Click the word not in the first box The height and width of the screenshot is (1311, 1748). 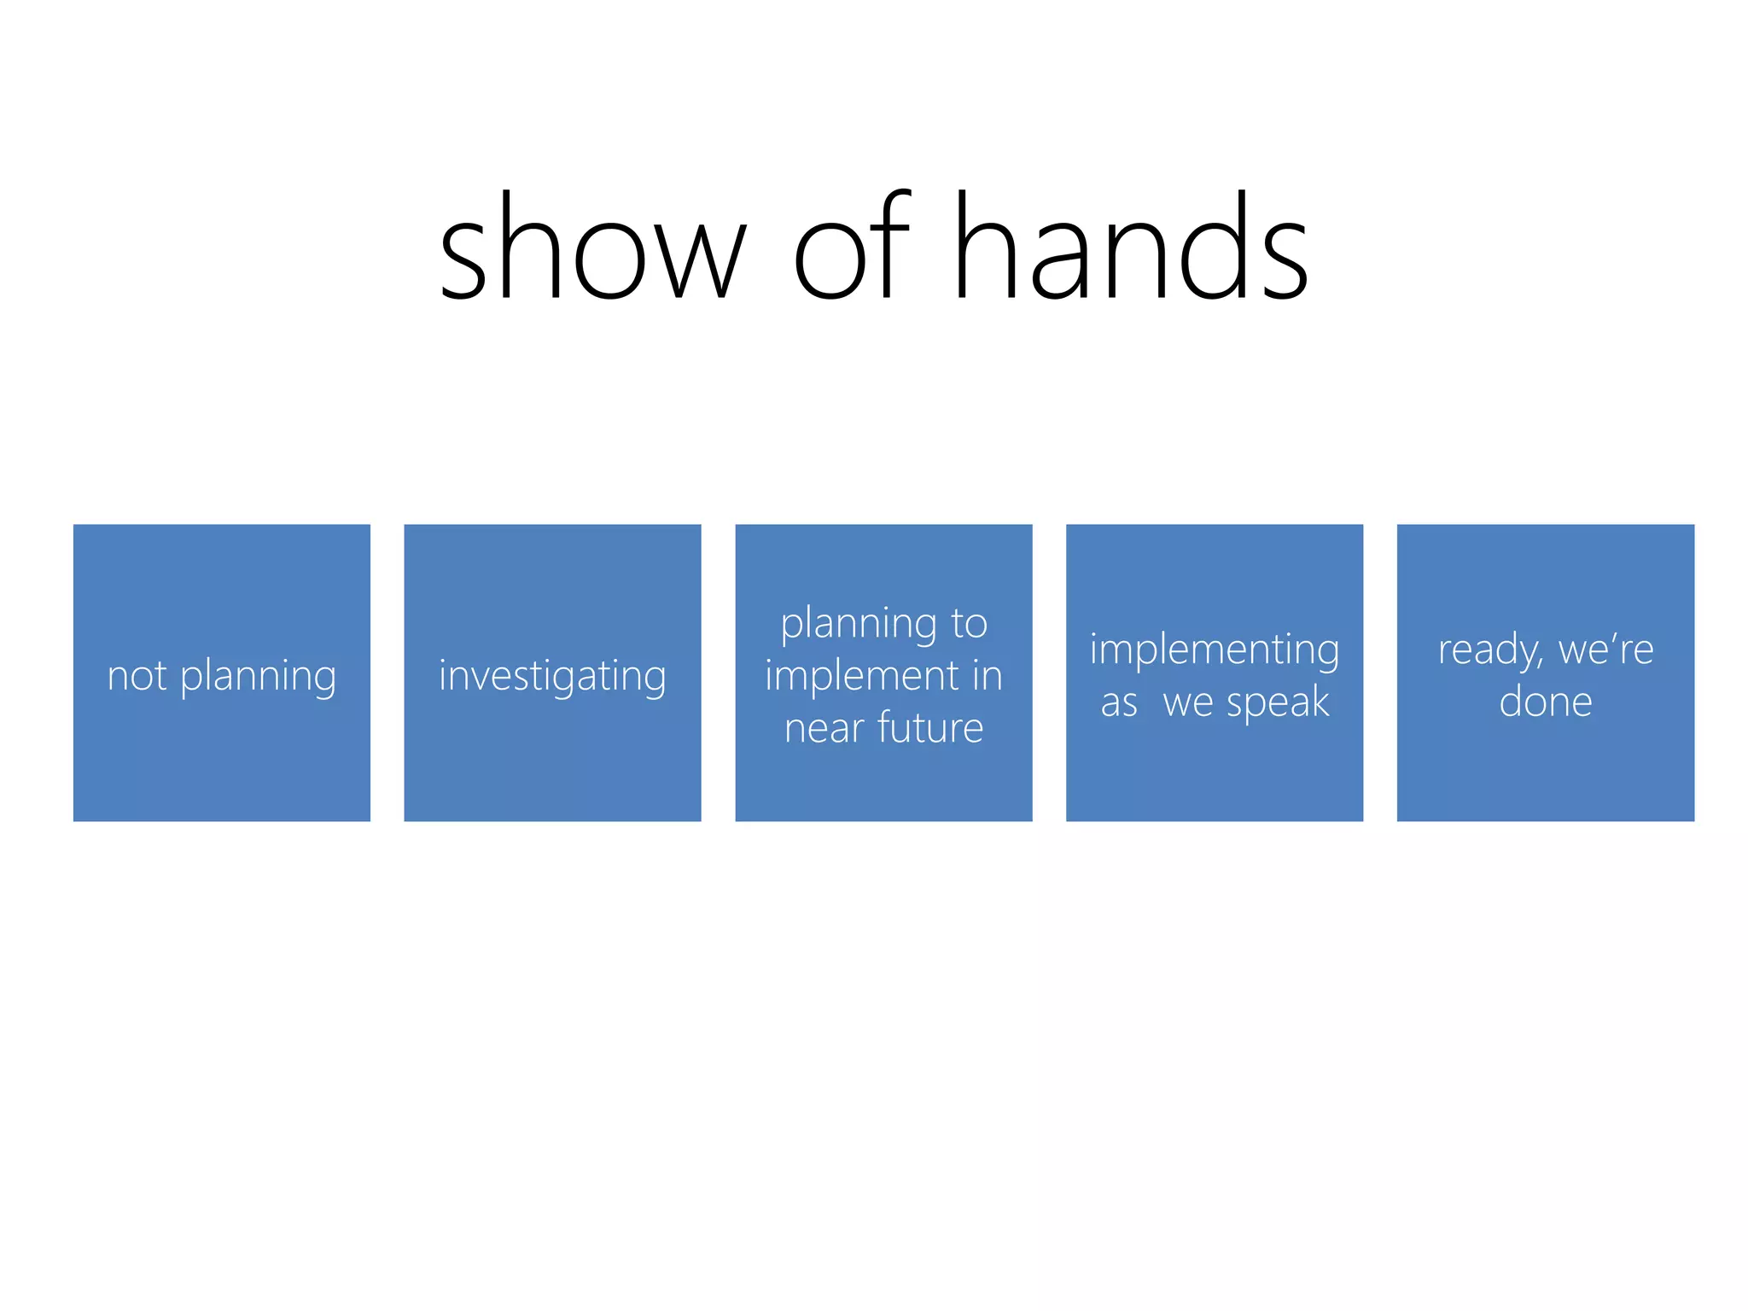[137, 675]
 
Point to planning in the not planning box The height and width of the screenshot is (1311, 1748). [259, 677]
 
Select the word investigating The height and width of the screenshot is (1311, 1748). [552, 677]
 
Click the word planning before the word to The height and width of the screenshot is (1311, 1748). [859, 624]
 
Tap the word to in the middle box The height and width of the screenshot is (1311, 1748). [969, 623]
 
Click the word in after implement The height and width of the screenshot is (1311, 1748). [987, 675]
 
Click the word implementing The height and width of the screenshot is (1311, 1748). [1215, 650]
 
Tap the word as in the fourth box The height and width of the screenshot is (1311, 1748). [1119, 703]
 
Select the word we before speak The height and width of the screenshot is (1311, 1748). [1188, 703]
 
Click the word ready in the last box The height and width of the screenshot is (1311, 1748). [1488, 650]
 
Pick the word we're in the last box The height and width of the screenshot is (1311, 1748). [1605, 650]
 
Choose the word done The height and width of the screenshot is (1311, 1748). [1546, 702]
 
